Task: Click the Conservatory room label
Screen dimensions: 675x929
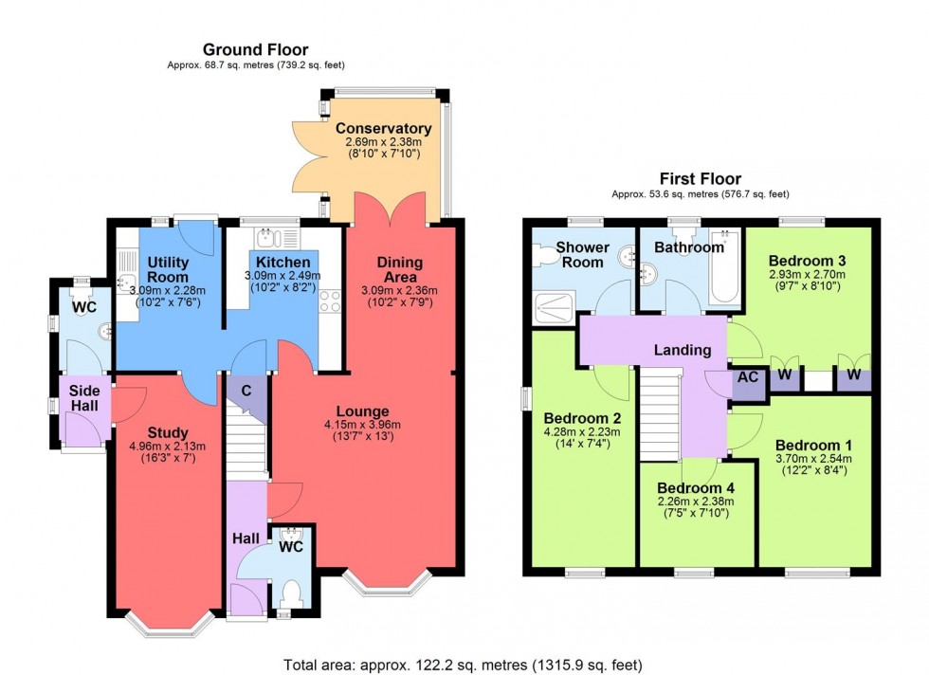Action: coord(383,129)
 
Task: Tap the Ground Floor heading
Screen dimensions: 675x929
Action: coord(256,49)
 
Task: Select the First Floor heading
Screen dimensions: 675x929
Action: coord(701,178)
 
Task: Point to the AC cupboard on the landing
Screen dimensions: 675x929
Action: coord(748,377)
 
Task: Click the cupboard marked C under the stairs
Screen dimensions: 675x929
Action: coord(246,389)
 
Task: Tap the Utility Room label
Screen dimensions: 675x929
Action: coord(168,269)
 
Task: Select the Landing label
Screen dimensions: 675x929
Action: coord(683,350)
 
